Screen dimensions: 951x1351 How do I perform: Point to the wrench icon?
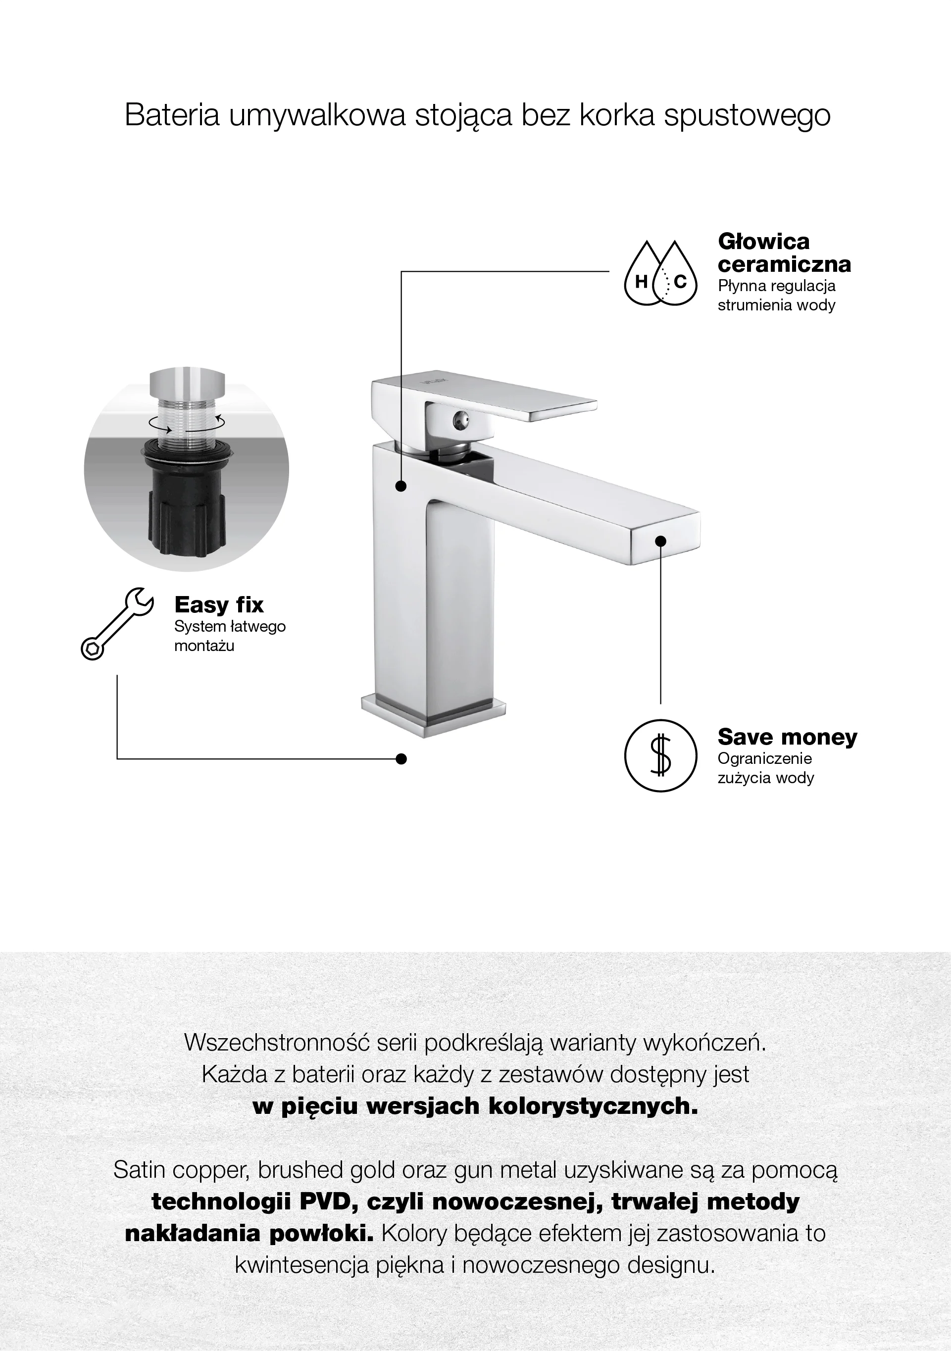[117, 623]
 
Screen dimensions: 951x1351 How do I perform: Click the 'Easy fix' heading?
[219, 604]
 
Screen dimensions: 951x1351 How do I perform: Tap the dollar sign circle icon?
[660, 755]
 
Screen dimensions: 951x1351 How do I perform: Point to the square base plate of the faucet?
[434, 714]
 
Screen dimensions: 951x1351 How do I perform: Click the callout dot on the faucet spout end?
[660, 540]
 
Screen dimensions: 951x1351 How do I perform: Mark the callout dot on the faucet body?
[401, 486]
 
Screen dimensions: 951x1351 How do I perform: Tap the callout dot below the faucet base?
[401, 758]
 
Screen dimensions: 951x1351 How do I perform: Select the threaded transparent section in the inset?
[186, 419]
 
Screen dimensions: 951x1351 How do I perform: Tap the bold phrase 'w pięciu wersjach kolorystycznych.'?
[475, 1107]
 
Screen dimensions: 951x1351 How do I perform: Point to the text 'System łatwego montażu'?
[230, 636]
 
